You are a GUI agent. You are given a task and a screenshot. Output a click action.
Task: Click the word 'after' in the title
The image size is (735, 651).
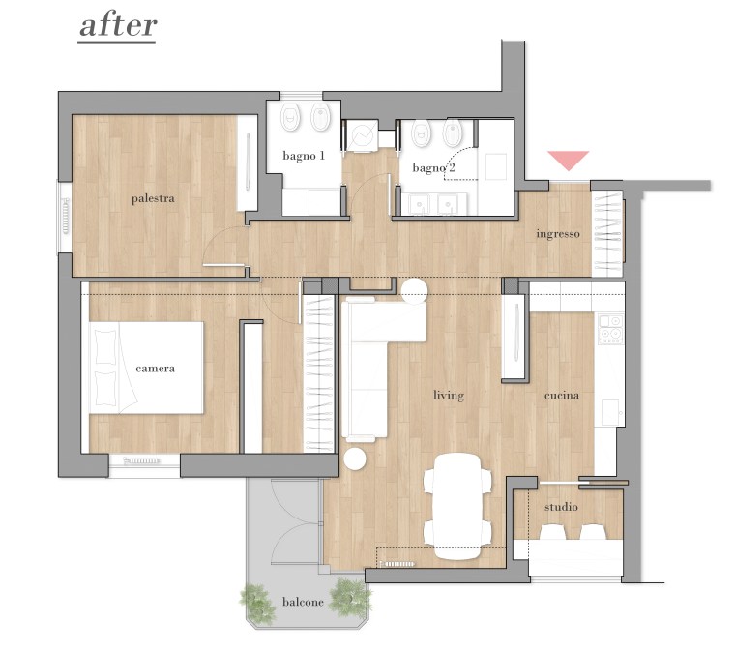[118, 26]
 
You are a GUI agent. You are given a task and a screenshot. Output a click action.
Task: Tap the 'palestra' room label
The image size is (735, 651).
[153, 198]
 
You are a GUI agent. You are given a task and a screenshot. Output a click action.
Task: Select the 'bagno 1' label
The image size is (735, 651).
[304, 156]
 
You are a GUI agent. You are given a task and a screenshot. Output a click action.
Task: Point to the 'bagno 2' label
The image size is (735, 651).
[433, 167]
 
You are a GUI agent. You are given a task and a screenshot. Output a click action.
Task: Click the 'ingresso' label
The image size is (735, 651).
[558, 234]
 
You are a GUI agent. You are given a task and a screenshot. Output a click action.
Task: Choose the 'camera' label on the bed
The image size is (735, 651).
[155, 369]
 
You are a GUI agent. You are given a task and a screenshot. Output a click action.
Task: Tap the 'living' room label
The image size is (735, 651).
[449, 396]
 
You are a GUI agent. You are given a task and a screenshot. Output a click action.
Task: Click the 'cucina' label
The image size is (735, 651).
[562, 396]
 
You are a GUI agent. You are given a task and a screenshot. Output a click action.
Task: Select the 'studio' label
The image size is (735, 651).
[561, 507]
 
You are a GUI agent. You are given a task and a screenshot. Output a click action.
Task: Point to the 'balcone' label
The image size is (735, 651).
[303, 602]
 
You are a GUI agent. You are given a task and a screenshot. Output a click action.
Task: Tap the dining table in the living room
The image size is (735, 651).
[457, 506]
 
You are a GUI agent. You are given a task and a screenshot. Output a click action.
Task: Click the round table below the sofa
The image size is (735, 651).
[355, 459]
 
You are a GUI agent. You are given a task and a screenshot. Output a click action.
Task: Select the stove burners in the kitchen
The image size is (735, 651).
[611, 329]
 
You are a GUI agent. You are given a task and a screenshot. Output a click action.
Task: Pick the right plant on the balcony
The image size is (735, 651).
[350, 597]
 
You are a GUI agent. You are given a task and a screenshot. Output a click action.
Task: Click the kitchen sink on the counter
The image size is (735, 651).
[610, 412]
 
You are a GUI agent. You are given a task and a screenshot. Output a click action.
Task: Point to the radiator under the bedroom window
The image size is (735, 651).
[140, 461]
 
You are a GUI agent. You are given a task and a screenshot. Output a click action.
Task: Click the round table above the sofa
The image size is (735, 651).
[414, 291]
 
